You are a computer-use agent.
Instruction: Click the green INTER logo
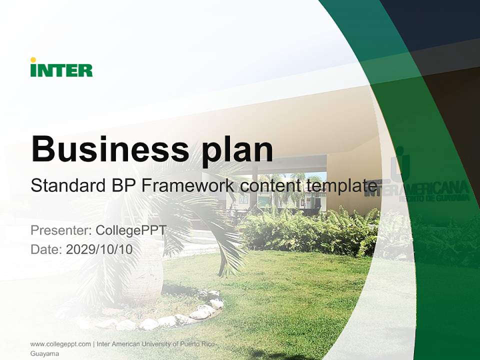pos(61,67)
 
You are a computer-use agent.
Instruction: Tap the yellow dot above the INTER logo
pos(33,59)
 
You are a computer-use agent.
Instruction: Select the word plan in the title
pos(237,151)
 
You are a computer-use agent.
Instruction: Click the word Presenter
pos(61,230)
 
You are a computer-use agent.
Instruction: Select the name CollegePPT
pos(131,230)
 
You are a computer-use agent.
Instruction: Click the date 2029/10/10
pos(99,249)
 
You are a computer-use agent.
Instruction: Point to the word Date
pos(46,249)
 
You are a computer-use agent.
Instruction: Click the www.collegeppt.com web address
pos(60,344)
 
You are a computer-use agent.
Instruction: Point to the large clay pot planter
pos(143,269)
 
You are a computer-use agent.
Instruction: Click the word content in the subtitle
pos(270,185)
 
